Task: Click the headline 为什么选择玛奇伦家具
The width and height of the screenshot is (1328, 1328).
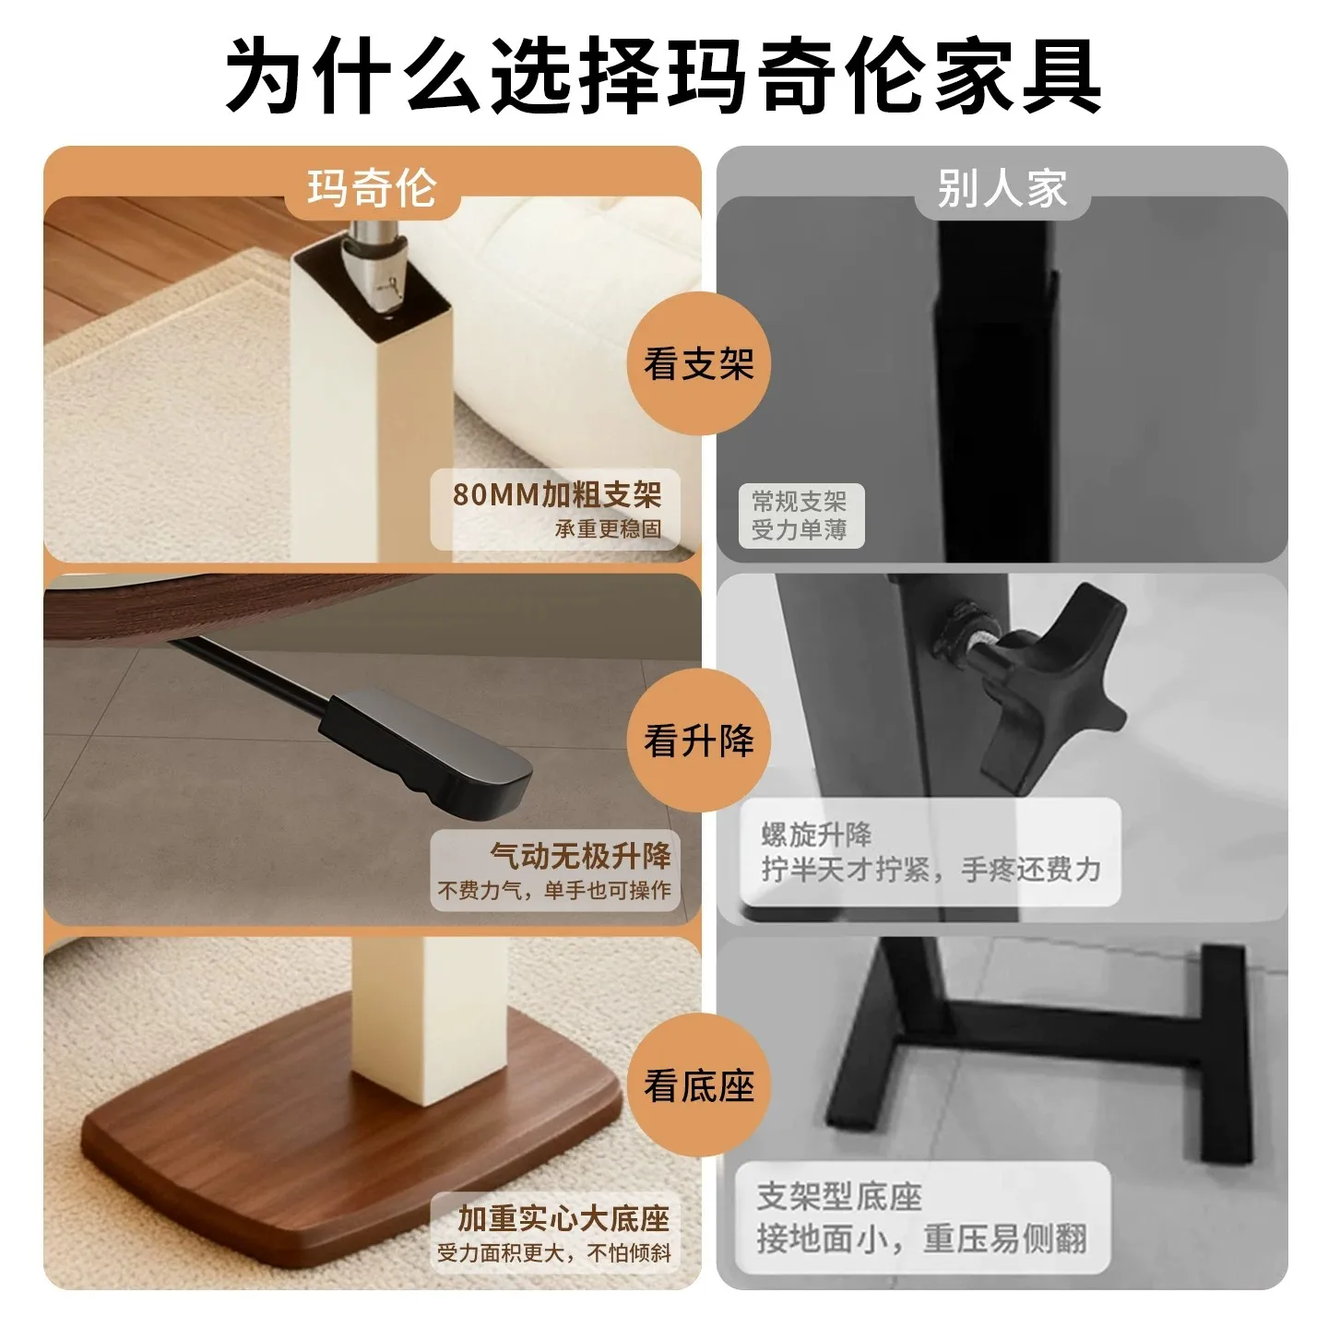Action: tap(664, 76)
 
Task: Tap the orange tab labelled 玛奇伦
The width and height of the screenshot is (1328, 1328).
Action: tap(373, 187)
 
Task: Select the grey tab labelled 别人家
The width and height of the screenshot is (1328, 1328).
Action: tap(1002, 187)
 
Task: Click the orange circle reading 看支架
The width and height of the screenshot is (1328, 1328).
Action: tap(699, 363)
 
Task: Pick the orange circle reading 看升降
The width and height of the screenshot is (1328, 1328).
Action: tap(699, 741)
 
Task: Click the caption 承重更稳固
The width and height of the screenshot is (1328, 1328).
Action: tap(608, 528)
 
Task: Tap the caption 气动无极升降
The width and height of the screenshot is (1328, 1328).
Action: tap(580, 856)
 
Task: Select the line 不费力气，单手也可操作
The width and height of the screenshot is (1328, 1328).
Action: tap(554, 890)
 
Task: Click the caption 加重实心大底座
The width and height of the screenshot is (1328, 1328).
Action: tap(563, 1218)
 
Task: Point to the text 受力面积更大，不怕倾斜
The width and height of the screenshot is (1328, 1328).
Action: tap(554, 1253)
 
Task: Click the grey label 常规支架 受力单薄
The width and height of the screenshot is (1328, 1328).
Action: tap(800, 516)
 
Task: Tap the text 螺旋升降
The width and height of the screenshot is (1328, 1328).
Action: tap(817, 835)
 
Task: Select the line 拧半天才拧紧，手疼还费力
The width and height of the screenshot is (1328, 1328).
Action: tap(931, 870)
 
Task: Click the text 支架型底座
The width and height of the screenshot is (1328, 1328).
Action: tap(839, 1196)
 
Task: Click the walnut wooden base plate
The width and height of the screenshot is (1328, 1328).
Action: tap(351, 1131)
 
